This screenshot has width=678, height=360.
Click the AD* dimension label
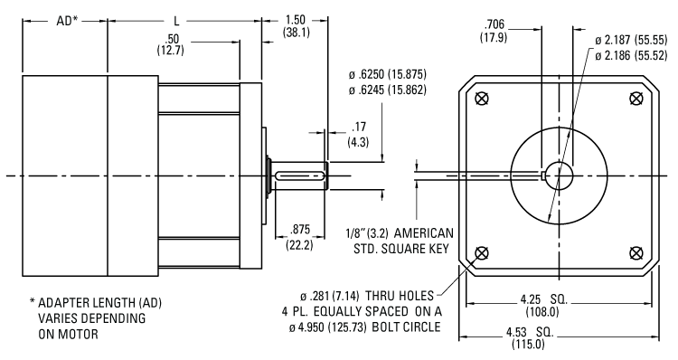pos(67,21)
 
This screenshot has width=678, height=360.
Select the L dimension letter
pos(177,21)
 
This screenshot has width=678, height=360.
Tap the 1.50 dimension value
pos(296,20)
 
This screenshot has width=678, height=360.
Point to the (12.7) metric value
pos(170,50)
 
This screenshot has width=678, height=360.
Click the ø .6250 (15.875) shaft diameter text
pos(388,74)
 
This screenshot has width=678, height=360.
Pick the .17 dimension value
pos(359,128)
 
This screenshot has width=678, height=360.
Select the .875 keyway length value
pos(300,230)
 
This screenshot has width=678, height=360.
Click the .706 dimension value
pos(494,24)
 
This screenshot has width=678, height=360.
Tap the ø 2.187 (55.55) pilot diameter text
pos(631,40)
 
